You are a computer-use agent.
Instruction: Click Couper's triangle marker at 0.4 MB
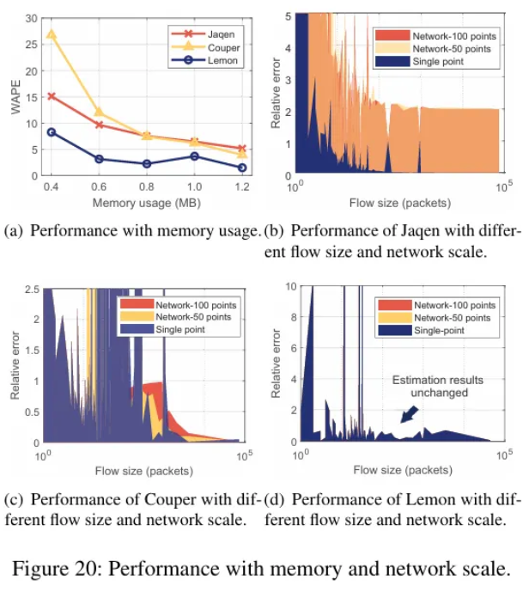pos(52,34)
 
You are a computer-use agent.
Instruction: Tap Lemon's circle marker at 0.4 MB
pos(52,131)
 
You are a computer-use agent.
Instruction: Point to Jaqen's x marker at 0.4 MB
pos(52,96)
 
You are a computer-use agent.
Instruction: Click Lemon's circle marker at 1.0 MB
pos(194,156)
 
